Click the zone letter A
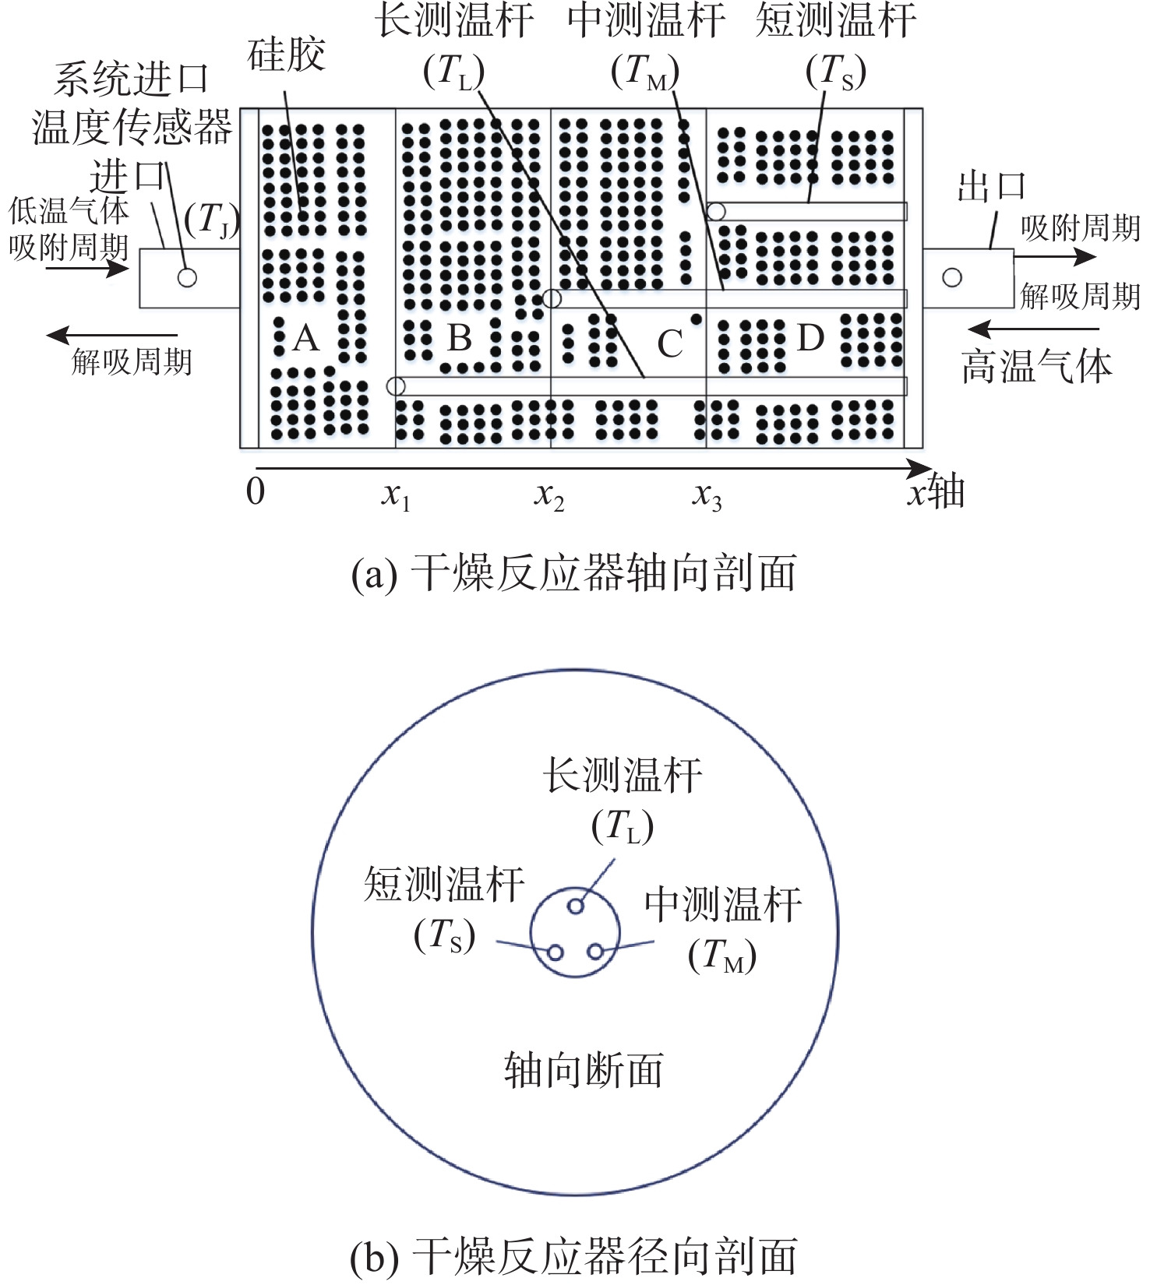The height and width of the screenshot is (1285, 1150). coord(306,339)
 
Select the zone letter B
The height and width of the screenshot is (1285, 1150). coord(460,339)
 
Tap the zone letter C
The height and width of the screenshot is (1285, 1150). coord(670,344)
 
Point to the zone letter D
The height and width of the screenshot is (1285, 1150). coord(810,339)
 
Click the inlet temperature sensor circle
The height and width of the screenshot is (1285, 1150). coord(187,277)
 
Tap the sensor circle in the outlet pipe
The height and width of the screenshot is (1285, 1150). coord(952,277)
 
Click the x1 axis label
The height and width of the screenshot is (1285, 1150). coord(396,495)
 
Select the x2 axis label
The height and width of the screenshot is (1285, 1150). coord(549,495)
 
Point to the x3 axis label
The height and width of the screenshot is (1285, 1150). coord(707,495)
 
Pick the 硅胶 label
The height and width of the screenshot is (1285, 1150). coord(286,55)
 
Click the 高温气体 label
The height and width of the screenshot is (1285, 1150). coord(1036,366)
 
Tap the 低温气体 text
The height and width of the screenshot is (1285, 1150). coord(69,210)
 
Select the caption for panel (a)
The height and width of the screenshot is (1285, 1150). coord(574,574)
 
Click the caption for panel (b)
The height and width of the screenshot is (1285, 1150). coord(574,1256)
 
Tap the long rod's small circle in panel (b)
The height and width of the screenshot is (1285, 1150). coord(576,906)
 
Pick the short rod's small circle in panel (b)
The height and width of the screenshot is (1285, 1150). coord(556,952)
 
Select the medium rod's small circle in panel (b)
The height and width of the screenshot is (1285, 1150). coord(595,952)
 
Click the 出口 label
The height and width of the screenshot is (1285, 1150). coord(991,188)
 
